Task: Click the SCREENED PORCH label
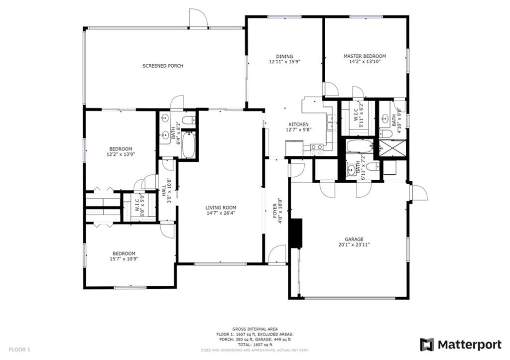click(x=163, y=66)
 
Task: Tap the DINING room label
click(x=284, y=56)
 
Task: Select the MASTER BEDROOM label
click(x=365, y=56)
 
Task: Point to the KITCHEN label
click(x=299, y=124)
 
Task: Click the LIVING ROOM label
click(x=221, y=208)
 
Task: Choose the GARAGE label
click(x=354, y=240)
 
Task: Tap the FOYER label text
click(x=275, y=211)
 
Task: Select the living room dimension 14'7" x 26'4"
click(x=221, y=213)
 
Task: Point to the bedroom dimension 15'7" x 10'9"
click(x=124, y=259)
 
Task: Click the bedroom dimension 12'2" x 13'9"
click(x=121, y=154)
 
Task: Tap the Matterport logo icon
click(x=427, y=345)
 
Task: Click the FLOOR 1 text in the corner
click(x=19, y=350)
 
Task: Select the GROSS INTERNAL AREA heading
click(x=255, y=329)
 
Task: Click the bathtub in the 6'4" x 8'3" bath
click(x=188, y=145)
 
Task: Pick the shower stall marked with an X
click(x=392, y=148)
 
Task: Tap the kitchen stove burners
click(x=316, y=150)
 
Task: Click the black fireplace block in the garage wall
click(x=295, y=234)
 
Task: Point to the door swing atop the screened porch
click(x=198, y=17)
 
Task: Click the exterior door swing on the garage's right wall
click(x=418, y=193)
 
